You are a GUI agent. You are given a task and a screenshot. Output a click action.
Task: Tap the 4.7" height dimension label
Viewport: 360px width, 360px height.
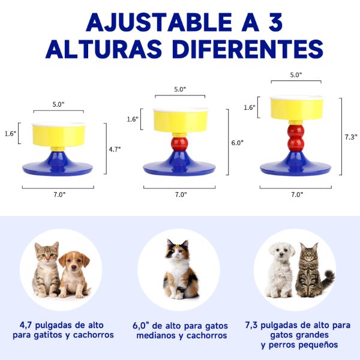tap(115, 149)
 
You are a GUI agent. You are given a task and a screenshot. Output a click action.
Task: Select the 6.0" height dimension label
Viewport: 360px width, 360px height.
tap(238, 143)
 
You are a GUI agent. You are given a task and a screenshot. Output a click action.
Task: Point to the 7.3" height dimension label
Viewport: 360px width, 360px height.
tap(351, 137)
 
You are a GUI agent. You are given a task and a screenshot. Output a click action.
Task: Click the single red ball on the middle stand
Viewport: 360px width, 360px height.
tap(178, 143)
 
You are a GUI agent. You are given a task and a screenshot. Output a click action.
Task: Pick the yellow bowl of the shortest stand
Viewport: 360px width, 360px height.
tap(58, 134)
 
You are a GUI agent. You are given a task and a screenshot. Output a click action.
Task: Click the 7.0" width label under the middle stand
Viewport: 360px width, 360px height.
tap(181, 194)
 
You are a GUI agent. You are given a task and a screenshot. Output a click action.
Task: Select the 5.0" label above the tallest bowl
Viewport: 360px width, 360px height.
tap(296, 75)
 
